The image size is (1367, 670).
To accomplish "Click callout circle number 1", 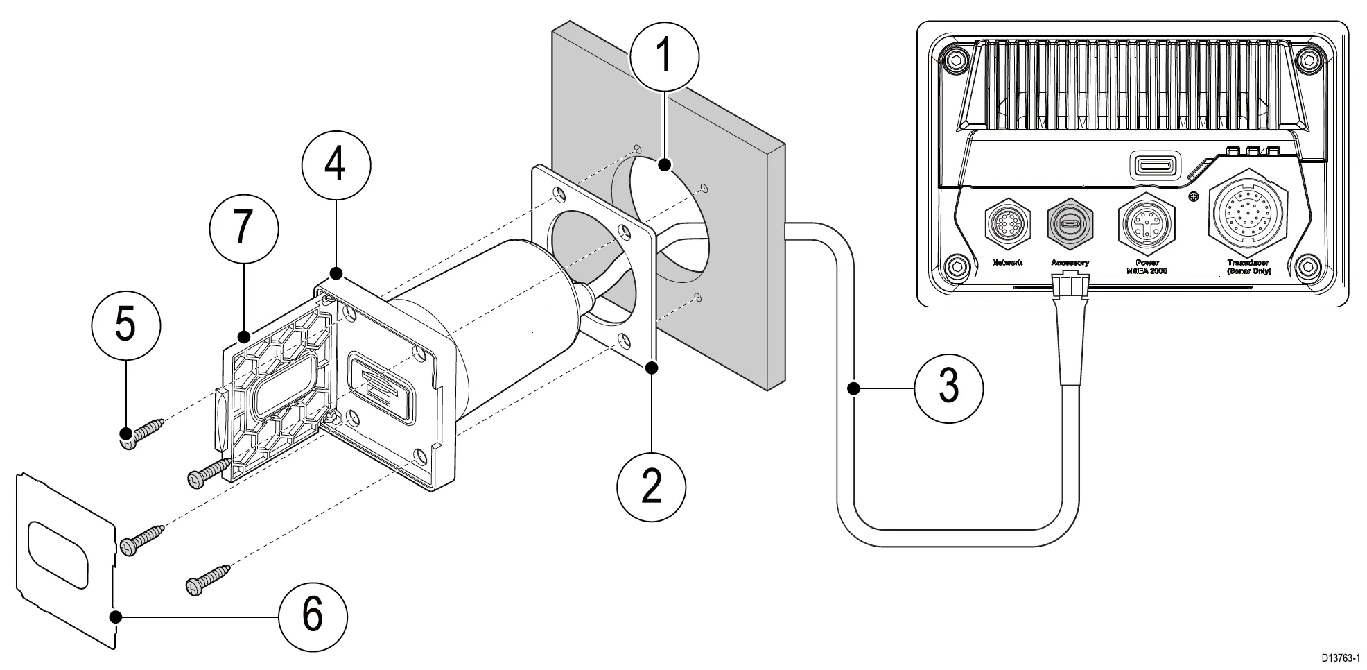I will click(665, 55).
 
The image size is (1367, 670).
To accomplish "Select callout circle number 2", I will click(652, 485).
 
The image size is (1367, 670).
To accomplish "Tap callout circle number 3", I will click(948, 386).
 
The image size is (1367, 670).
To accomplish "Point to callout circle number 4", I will click(336, 164).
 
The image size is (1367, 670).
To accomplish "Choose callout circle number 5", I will click(125, 325).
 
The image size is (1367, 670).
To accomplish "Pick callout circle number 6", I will click(313, 615).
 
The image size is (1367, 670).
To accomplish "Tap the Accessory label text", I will click(1070, 263).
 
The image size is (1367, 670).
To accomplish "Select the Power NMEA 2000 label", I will click(1147, 266).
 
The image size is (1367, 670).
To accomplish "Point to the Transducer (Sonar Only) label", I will click(1248, 266).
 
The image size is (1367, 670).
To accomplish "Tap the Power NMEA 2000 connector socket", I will click(1147, 225).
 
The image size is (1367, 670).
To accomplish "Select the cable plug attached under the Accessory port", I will click(1069, 286).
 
